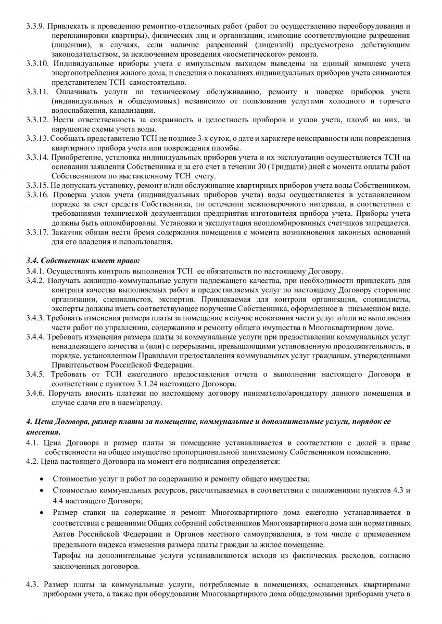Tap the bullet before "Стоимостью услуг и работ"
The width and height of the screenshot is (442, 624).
tap(41, 478)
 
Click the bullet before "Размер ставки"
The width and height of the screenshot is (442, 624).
tap(41, 513)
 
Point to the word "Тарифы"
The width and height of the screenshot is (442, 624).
tap(66, 556)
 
